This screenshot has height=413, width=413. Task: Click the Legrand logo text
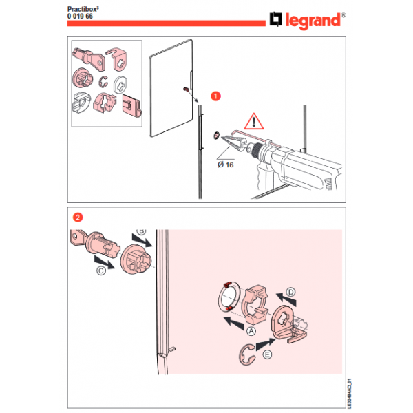click(313, 21)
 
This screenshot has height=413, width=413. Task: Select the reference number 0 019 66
click(80, 17)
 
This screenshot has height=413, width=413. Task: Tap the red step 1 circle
click(215, 96)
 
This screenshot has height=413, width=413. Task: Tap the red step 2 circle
click(78, 218)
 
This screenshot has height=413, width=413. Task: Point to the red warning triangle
click(253, 121)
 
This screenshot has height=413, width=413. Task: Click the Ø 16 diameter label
click(226, 165)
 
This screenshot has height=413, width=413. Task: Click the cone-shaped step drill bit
click(233, 144)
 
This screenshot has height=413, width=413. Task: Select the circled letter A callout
click(251, 331)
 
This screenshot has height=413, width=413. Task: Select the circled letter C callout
click(101, 271)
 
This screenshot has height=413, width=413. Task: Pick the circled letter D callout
click(290, 293)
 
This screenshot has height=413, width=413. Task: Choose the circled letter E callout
click(267, 354)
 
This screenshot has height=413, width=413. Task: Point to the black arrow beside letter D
click(286, 300)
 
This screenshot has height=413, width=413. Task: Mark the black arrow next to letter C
click(105, 263)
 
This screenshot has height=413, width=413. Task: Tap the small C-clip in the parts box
click(103, 82)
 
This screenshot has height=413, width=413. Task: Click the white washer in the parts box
click(120, 85)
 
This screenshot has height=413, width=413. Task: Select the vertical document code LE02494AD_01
click(349, 394)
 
